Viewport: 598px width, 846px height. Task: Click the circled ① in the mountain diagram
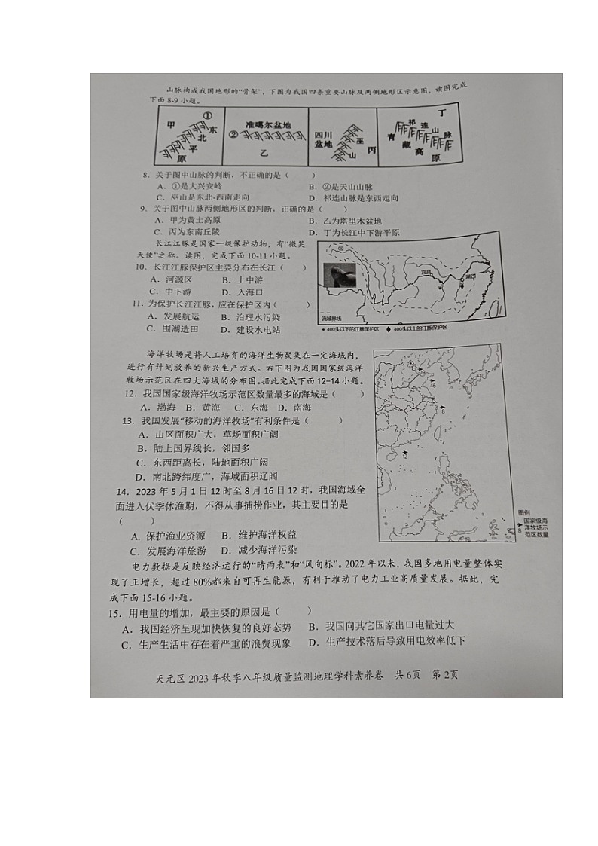click(208, 115)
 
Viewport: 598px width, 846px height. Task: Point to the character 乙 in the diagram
click(264, 153)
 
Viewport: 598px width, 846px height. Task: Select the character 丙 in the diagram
click(371, 150)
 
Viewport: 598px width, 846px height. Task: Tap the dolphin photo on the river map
click(338, 275)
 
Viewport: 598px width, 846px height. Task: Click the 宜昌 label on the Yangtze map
click(426, 273)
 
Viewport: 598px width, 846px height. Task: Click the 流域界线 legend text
click(331, 319)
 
